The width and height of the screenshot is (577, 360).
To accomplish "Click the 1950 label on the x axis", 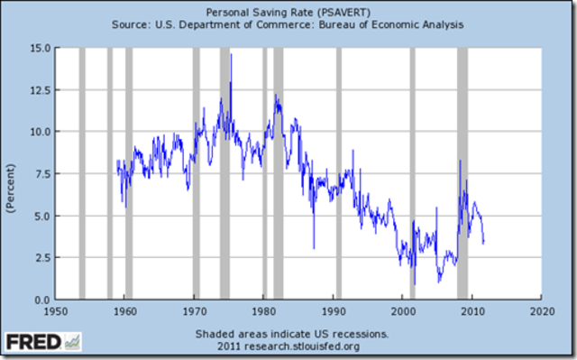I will coord(55,312).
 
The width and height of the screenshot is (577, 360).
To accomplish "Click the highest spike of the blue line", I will coord(231,56).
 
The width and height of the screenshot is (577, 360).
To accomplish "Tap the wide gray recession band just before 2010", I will coord(463,172).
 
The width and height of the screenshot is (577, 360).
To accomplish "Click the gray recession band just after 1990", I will coord(339,172).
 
